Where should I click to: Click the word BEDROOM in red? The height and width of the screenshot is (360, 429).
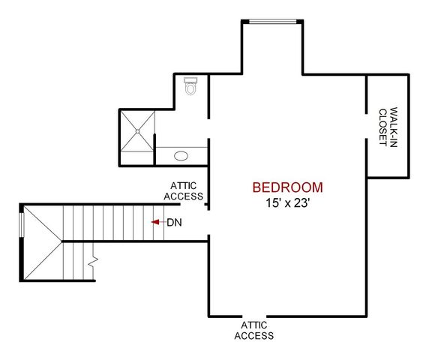(x=287, y=187)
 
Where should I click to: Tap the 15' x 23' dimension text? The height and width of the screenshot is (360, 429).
(x=287, y=202)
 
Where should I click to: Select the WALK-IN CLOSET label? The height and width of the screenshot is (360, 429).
(x=387, y=127)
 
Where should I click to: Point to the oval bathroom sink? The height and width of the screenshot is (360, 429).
(x=181, y=156)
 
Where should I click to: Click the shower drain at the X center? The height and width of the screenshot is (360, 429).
(x=137, y=129)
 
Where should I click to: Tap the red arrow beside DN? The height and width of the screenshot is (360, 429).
(x=156, y=222)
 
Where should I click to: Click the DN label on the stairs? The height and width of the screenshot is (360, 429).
(x=174, y=222)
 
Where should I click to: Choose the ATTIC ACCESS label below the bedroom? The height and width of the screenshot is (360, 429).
(x=253, y=330)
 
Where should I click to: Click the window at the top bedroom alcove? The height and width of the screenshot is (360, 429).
(x=273, y=21)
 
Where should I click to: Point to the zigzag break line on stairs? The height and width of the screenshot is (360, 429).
(x=93, y=262)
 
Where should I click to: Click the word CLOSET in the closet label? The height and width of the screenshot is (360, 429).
(x=382, y=127)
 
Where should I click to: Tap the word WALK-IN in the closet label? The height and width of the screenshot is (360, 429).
(x=392, y=127)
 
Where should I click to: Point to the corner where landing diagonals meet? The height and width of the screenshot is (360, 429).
(x=61, y=241)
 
